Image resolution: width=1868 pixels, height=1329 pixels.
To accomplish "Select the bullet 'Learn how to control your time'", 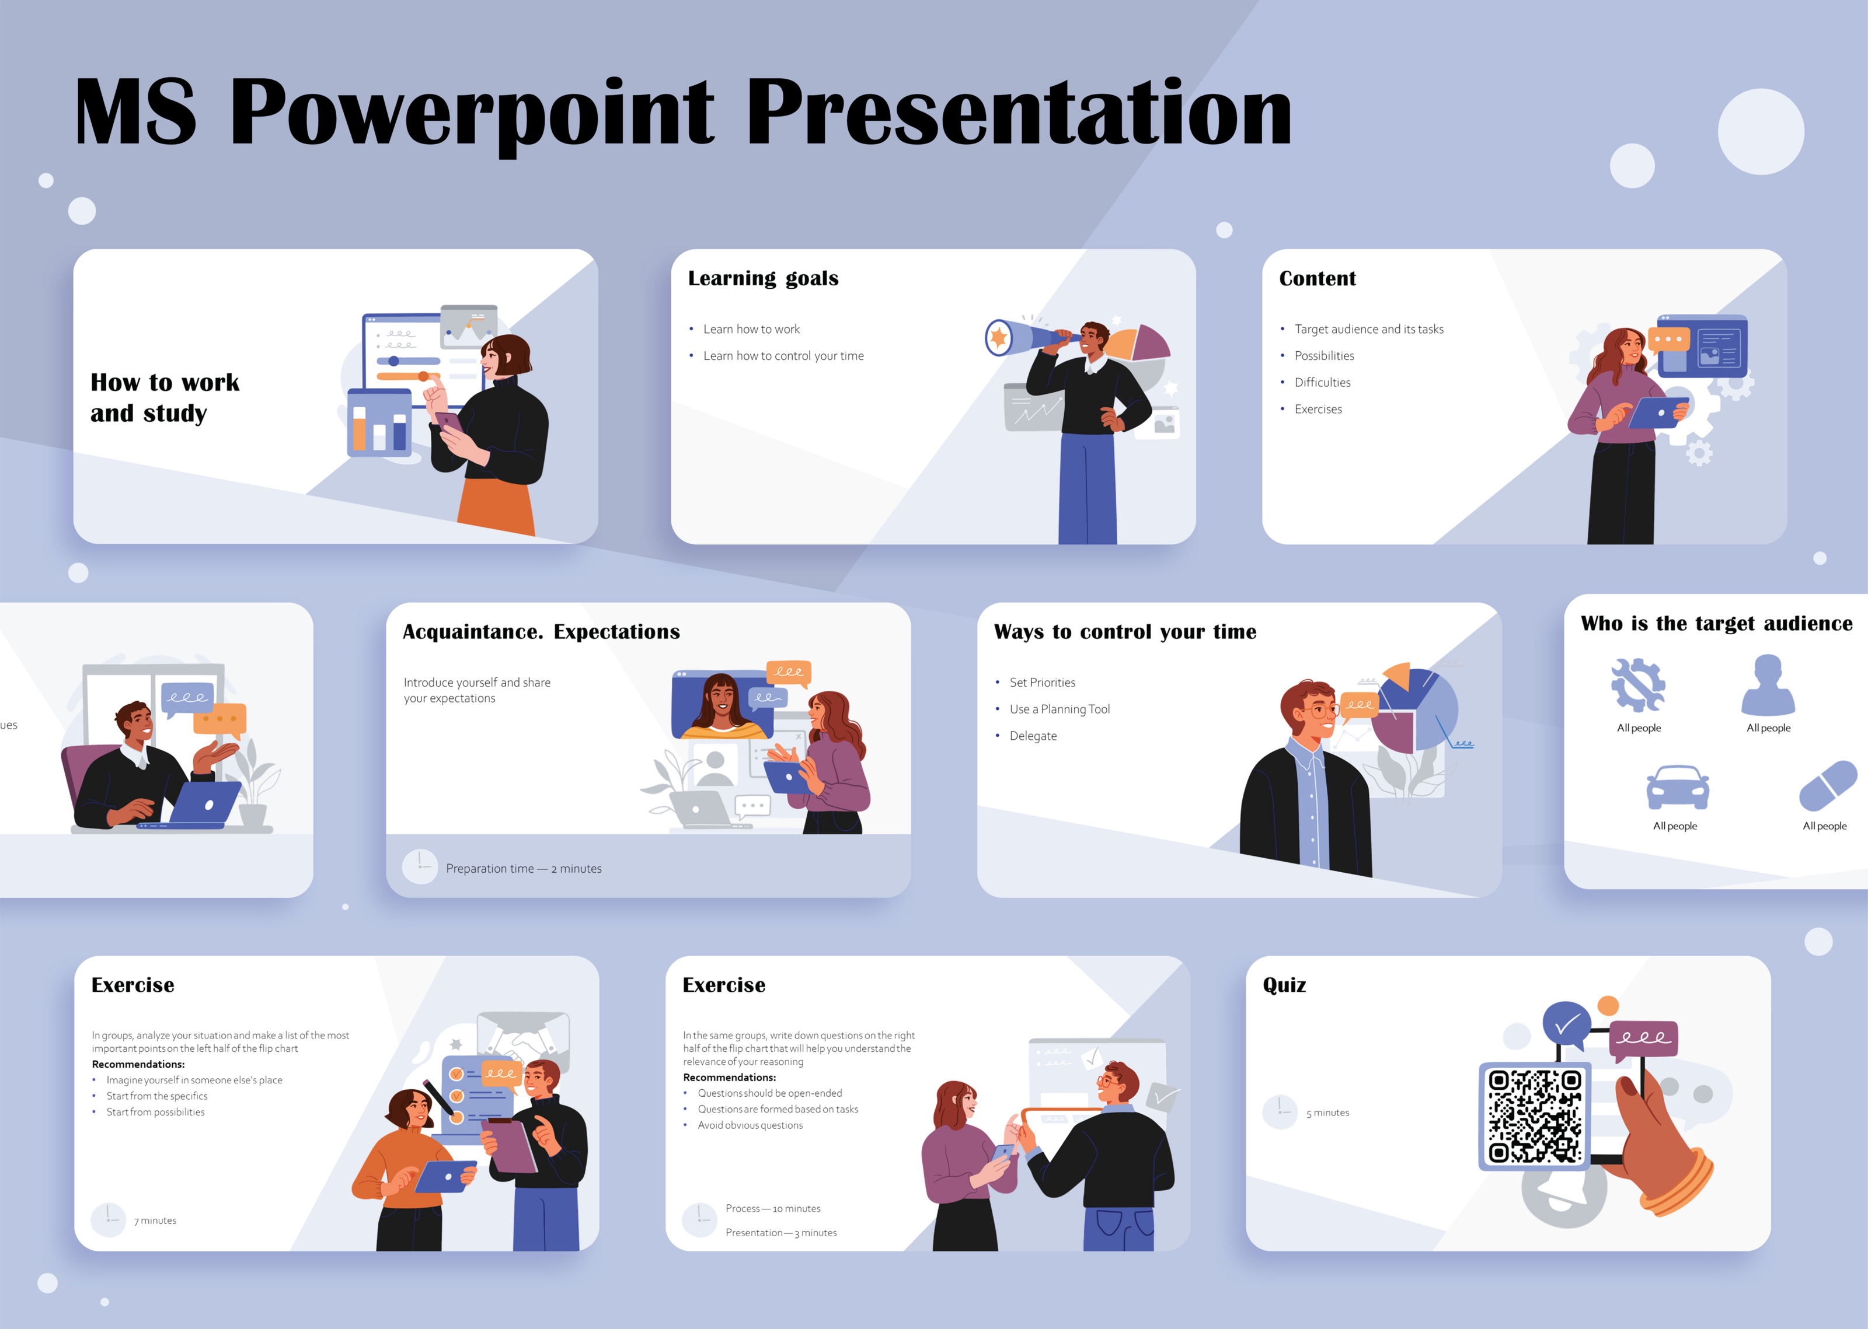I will coord(783,356).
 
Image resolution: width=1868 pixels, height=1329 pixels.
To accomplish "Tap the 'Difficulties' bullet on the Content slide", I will coord(1322,382).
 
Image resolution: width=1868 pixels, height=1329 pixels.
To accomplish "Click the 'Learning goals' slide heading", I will coord(763,278).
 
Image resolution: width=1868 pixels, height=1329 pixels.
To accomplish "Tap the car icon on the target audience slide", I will coord(1677,787).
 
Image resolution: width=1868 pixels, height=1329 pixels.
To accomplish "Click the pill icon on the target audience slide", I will coord(1827,785).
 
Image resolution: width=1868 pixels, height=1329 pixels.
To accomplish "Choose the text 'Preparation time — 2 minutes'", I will coord(523,868).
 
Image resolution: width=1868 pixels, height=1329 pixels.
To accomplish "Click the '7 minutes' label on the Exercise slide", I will coord(155,1220).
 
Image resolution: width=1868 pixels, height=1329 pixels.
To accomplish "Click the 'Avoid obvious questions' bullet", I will coord(749,1125).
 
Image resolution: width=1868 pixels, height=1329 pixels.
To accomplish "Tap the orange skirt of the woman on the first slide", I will coord(497,508).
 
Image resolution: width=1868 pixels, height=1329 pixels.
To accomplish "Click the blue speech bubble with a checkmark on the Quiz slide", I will coord(1565,1023).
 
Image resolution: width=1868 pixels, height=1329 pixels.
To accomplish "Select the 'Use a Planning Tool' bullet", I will coord(1060,709).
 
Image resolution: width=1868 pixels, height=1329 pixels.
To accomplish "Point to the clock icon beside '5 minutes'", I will coord(1280,1111).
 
